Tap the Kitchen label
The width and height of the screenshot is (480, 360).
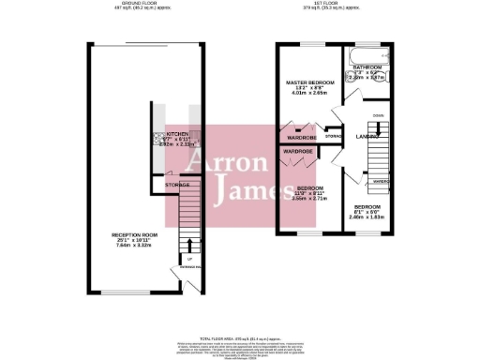tap(178, 134)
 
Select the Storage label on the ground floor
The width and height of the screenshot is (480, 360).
tap(177, 185)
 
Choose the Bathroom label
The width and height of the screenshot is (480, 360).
tap(367, 67)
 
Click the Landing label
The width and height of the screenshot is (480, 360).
tap(367, 136)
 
